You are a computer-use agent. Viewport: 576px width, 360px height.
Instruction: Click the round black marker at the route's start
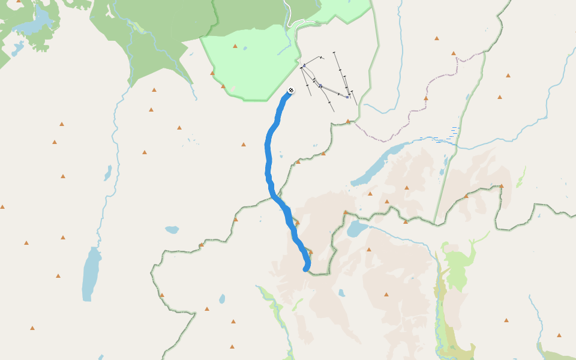(x=291, y=90)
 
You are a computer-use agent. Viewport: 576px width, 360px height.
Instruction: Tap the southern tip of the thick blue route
(x=306, y=269)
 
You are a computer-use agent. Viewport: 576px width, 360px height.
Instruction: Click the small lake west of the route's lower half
(x=172, y=229)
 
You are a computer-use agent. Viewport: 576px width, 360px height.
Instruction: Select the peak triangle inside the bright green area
(x=235, y=46)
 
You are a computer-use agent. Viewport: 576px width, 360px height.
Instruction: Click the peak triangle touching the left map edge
(x=2, y=207)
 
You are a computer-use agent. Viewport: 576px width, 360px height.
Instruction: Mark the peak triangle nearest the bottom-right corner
(x=559, y=335)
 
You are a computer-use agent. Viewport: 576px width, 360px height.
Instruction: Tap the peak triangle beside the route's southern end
(x=310, y=252)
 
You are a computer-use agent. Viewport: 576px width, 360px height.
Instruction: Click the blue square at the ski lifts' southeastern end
(x=347, y=97)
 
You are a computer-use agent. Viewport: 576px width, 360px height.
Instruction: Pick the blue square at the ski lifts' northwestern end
(x=305, y=65)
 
